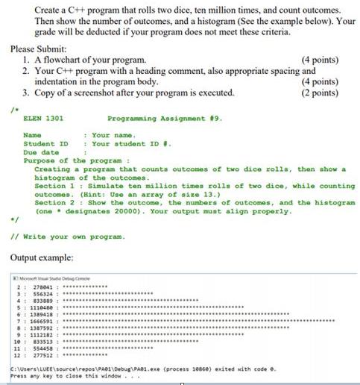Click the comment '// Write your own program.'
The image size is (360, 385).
[x=65, y=235]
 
